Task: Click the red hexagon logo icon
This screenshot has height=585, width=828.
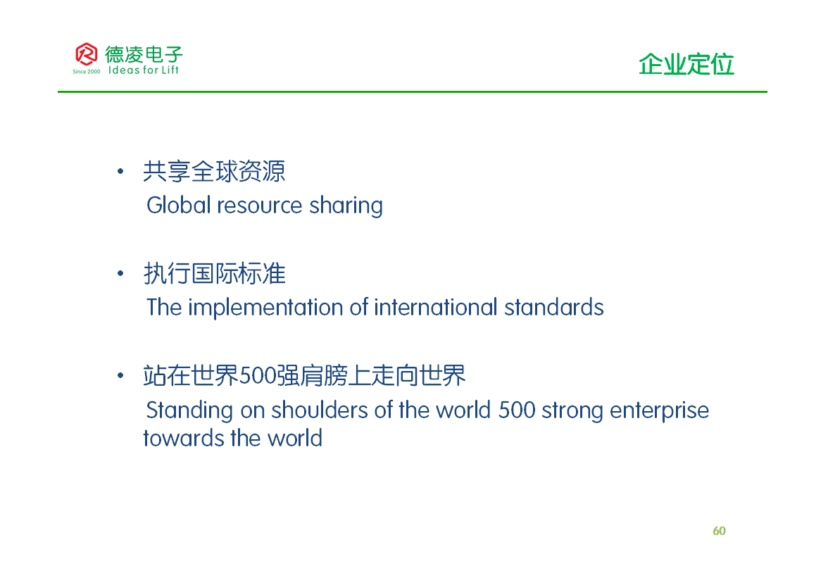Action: coord(86,54)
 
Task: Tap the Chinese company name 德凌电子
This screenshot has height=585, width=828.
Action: coord(144,54)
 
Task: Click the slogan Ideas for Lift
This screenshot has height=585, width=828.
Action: coord(143,70)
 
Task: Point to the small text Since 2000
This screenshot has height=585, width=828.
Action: coord(86,72)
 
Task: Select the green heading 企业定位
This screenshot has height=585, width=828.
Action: coord(686,65)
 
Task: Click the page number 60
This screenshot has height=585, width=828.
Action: coord(719,531)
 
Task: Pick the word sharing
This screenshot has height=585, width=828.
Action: coord(346,206)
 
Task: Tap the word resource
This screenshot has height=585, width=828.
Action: coord(260,206)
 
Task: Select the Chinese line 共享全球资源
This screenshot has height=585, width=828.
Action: coord(214,172)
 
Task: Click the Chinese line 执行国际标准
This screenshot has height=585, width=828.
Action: coord(214,273)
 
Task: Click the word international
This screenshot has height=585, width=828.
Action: coord(436,307)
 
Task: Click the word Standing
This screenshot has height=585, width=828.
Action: coord(189,411)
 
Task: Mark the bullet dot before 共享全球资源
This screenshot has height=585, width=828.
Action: coord(120,171)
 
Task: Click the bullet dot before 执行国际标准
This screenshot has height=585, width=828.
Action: coord(120,273)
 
